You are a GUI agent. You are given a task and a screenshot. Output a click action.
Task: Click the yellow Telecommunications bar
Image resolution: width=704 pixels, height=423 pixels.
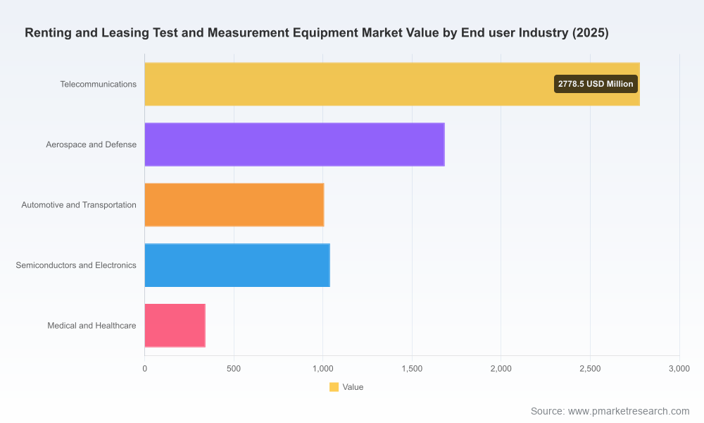[x=392, y=84]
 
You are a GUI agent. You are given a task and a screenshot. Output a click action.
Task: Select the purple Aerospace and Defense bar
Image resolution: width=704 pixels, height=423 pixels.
[x=294, y=145]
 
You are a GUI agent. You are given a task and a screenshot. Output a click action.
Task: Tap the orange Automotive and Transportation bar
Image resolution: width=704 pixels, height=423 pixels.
[x=234, y=204]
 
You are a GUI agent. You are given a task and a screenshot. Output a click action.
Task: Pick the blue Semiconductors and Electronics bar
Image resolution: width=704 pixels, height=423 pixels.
[x=237, y=265]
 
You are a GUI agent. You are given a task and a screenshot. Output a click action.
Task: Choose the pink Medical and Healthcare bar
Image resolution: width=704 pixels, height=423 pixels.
[x=175, y=326]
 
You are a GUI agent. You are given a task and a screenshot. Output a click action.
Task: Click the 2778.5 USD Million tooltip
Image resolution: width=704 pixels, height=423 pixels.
[x=596, y=84]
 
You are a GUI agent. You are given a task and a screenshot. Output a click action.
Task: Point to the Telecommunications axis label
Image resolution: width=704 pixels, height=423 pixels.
[x=99, y=84]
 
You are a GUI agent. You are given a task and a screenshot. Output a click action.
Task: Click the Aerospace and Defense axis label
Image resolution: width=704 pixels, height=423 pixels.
[x=91, y=145]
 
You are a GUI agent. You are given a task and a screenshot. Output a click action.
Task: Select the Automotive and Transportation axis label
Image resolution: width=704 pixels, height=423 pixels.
[x=79, y=205]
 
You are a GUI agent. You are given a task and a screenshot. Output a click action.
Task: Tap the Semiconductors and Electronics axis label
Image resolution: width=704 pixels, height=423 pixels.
[x=76, y=265]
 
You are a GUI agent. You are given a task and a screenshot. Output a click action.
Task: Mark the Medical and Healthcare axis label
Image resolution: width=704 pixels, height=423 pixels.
[x=92, y=326]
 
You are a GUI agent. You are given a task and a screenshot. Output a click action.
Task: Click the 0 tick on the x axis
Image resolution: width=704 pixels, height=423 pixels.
[x=144, y=369]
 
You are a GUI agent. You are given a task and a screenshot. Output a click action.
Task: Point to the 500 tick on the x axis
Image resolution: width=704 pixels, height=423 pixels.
[x=234, y=369]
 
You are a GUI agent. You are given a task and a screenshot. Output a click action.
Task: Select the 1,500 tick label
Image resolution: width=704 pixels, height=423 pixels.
[x=412, y=369]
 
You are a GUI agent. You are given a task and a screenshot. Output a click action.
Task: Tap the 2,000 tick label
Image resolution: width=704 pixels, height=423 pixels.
[x=501, y=369]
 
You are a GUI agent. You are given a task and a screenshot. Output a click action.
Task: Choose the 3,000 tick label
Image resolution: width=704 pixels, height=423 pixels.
[x=679, y=369]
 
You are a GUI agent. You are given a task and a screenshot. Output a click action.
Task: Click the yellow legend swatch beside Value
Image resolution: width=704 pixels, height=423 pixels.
[x=334, y=387]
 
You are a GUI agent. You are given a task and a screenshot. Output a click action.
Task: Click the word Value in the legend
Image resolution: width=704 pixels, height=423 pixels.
[x=353, y=387]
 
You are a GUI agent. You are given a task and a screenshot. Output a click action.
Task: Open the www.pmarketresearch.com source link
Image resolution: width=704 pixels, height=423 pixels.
[x=629, y=411]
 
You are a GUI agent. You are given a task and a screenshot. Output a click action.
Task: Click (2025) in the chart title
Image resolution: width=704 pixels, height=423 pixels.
[x=591, y=33]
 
